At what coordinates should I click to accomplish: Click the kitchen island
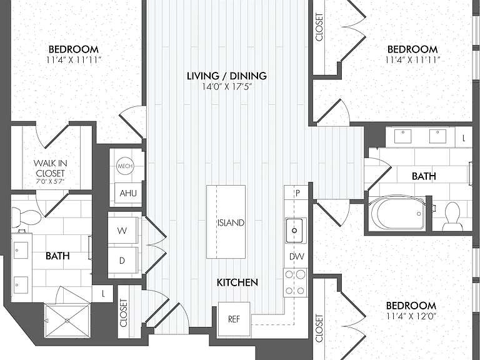[226, 222]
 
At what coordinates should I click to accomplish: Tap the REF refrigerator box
[234, 319]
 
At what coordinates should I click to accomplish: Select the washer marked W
[122, 230]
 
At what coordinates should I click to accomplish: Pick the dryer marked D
[122, 261]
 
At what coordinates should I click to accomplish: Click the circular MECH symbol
[125, 166]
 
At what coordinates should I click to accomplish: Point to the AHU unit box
[128, 193]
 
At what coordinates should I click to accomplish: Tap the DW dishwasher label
[297, 256]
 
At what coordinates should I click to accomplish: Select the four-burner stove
[295, 282]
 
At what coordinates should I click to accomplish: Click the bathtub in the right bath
[397, 212]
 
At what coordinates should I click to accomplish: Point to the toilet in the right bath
[452, 217]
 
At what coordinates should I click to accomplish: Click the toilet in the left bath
[26, 217]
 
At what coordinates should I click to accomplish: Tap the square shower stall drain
[67, 321]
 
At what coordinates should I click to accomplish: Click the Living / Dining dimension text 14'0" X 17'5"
[227, 87]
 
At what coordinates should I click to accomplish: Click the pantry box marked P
[296, 193]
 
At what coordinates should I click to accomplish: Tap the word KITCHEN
[237, 282]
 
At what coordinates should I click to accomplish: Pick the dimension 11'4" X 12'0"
[411, 316]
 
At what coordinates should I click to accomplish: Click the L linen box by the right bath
[464, 137]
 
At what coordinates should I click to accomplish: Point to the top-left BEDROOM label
[74, 49]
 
